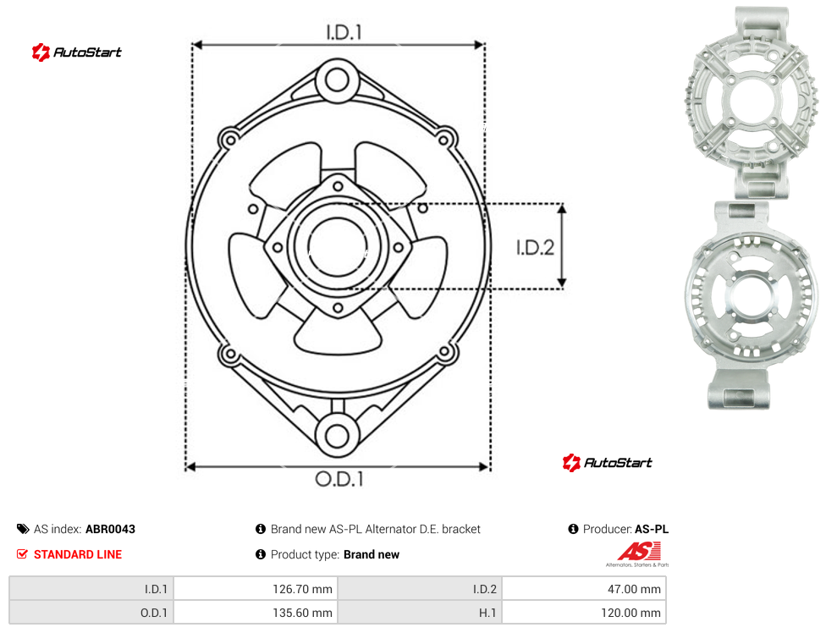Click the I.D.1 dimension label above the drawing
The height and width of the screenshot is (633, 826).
click(x=344, y=33)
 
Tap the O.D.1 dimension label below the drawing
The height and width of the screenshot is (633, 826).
click(x=339, y=479)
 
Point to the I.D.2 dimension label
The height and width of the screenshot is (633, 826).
click(x=535, y=247)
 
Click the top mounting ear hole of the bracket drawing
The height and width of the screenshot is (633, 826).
click(x=337, y=80)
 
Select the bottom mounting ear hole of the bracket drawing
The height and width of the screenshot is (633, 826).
click(x=337, y=436)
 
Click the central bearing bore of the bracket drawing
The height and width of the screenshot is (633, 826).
click(x=337, y=246)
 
